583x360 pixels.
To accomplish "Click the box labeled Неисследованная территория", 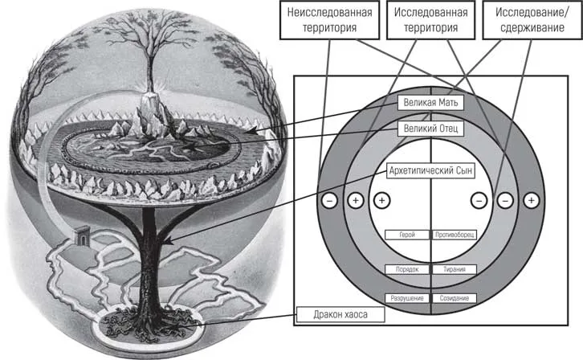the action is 329,20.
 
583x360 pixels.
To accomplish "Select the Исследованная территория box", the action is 430,20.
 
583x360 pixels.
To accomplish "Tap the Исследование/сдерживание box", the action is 532,20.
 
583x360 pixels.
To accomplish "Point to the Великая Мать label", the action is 430,103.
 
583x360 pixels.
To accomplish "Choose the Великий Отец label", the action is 430,129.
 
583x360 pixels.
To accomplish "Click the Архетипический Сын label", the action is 430,170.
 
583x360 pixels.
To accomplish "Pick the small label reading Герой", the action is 407,235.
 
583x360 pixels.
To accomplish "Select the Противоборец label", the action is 455,235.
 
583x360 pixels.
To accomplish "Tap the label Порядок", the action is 407,269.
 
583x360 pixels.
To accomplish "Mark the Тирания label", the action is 455,269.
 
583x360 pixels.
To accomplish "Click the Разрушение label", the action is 407,298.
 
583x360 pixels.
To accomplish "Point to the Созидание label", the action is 455,298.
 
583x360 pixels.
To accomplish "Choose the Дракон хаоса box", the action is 340,315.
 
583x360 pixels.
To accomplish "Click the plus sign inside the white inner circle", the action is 382,201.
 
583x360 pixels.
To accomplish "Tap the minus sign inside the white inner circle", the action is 479,201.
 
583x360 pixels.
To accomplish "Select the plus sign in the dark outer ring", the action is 532,201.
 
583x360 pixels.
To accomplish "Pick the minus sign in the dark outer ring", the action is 329,201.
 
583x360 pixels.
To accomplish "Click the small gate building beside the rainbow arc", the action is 82,235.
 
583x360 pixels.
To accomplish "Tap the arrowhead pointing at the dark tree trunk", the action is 167,242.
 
